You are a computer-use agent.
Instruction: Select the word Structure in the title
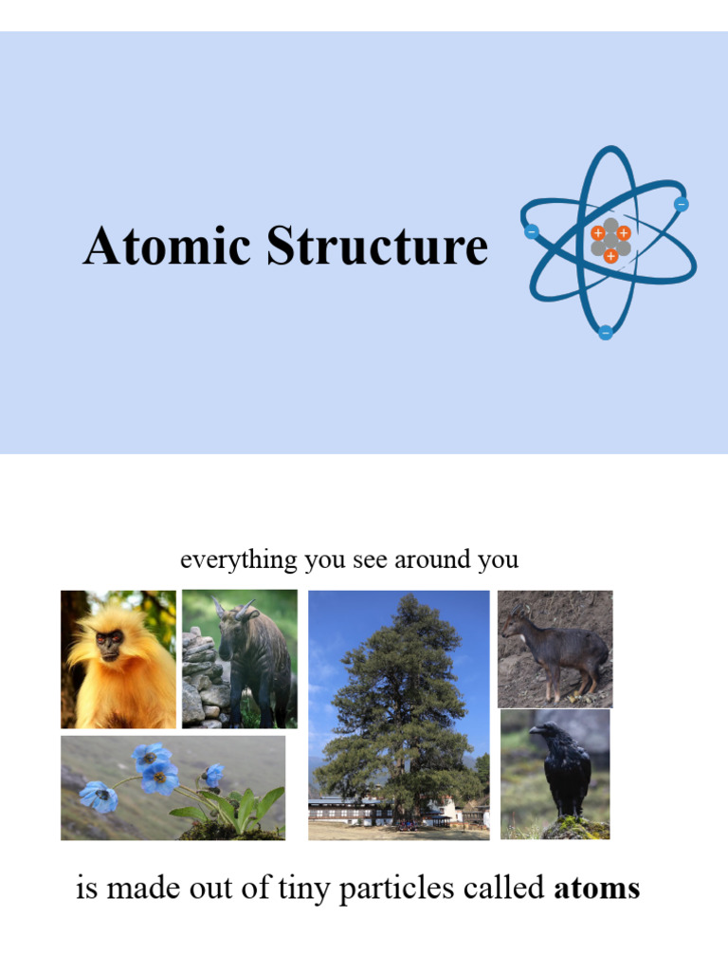click(376, 247)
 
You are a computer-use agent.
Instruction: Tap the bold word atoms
click(596, 889)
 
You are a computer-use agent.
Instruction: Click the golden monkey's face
click(109, 645)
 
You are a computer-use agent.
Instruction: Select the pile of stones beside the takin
click(198, 678)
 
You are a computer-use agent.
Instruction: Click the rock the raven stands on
click(573, 828)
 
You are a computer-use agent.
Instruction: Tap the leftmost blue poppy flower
click(98, 796)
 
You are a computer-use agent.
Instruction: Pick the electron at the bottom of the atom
click(605, 332)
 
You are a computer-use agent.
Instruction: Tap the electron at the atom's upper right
click(681, 204)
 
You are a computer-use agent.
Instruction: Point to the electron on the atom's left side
click(531, 231)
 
